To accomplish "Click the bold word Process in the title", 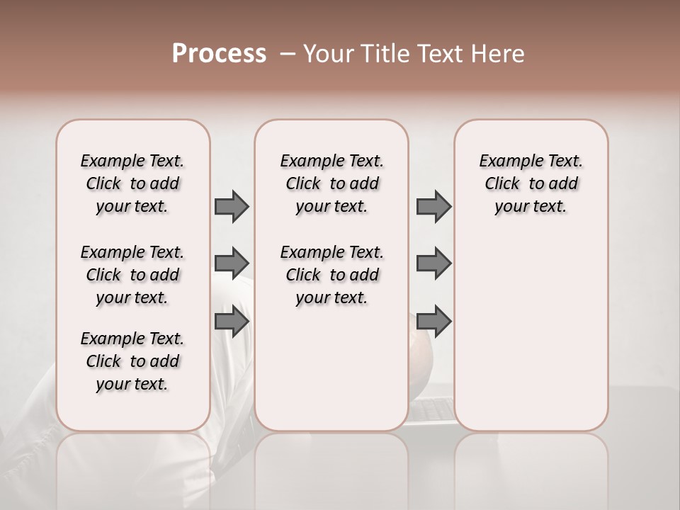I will tap(218, 54).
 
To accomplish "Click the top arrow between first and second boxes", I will tap(232, 206).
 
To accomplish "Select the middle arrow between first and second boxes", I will tap(232, 263).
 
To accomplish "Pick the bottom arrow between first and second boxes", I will tap(232, 322).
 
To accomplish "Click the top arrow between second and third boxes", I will tap(433, 206).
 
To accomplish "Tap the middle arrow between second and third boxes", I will tap(433, 263).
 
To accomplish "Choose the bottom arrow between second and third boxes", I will tap(433, 322).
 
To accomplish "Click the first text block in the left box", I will tap(132, 183).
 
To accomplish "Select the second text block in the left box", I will tap(132, 275).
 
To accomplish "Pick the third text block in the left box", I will tap(132, 361).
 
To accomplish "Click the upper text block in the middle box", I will tap(331, 183).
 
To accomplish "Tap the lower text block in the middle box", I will tap(331, 275).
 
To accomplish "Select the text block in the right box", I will tap(531, 183).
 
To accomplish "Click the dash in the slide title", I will tap(288, 54).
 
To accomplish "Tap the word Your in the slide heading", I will tap(326, 54).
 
